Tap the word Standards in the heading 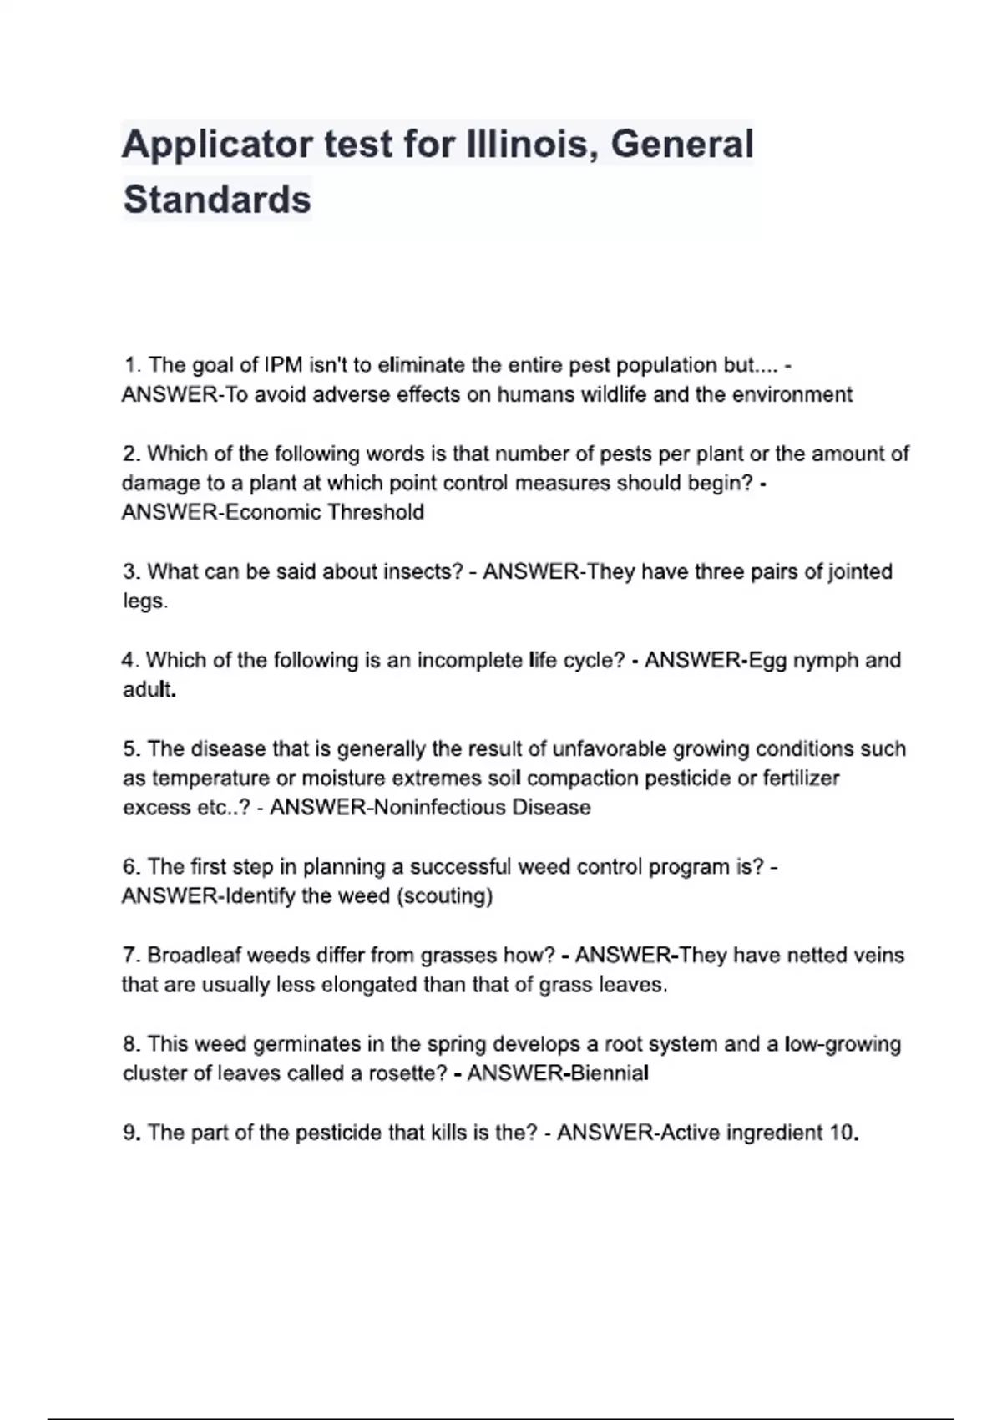217,200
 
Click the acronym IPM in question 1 283,365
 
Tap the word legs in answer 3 144,601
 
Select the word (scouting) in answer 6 444,896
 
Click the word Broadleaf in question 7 194,956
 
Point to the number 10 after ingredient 842,1133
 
